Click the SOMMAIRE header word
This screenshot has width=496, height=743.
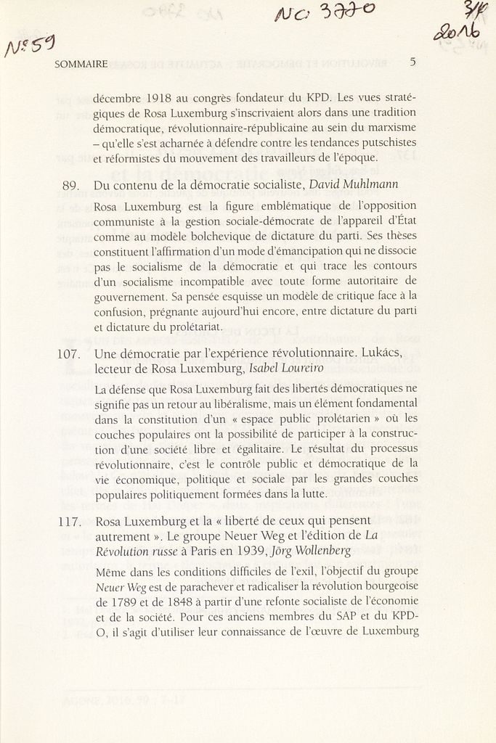pyautogui.click(x=81, y=64)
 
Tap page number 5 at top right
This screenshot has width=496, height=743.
pyautogui.click(x=412, y=62)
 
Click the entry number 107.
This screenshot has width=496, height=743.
pyautogui.click(x=68, y=354)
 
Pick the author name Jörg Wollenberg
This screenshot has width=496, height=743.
pyautogui.click(x=314, y=551)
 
